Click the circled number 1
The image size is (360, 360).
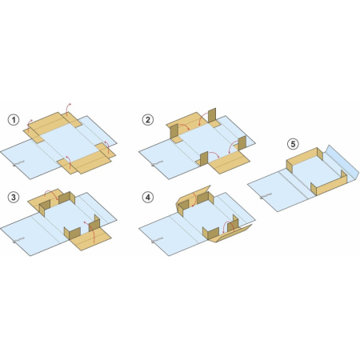point(14,120)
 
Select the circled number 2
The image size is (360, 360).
point(147,120)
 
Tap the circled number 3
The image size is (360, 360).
point(14,198)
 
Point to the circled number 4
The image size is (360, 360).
point(147,198)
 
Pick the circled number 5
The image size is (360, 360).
point(293,144)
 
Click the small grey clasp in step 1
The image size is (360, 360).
point(18,163)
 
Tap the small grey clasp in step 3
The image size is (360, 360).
point(18,240)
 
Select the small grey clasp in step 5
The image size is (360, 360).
point(266,195)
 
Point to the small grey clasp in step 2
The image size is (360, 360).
point(158,163)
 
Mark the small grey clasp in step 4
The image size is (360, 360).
point(158,240)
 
